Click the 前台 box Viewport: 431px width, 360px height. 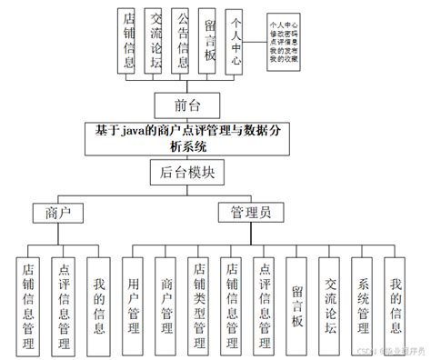coord(187,102)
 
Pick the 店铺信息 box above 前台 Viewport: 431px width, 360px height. coord(128,40)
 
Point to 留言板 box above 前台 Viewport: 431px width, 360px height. coord(211,40)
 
